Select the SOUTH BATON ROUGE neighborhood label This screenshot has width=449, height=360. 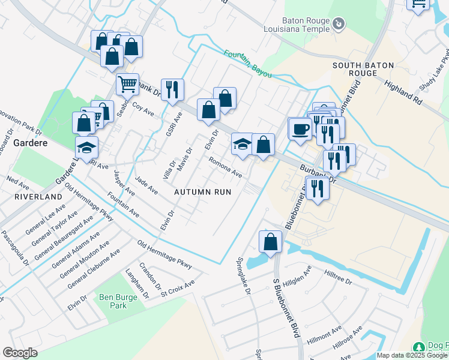pos(355,68)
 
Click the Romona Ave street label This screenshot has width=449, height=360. pos(225,167)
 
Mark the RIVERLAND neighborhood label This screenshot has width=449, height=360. pos(39,196)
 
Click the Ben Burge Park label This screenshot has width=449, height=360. pos(114,301)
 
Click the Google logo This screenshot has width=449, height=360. pos(20,353)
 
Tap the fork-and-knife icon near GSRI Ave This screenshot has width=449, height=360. pos(172,89)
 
